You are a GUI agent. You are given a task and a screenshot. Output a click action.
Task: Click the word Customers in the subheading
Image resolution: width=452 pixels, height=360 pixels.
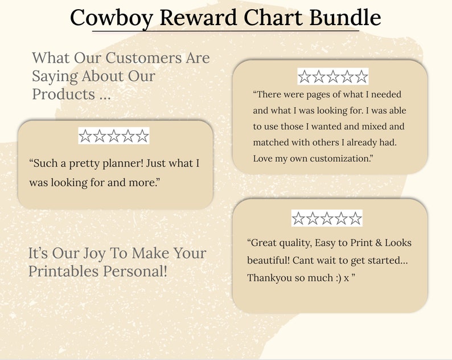139,58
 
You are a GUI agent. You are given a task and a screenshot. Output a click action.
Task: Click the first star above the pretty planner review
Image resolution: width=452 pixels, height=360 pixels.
85,136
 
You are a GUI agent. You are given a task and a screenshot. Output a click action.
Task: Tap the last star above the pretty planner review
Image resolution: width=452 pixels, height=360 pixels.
142,136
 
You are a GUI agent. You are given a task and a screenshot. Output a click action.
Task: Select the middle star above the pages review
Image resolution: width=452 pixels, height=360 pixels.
333,77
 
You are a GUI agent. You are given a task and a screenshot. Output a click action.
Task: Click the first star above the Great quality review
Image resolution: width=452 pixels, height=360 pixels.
298,218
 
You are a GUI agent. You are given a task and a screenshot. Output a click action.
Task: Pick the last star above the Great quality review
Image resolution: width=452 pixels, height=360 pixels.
356,218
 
